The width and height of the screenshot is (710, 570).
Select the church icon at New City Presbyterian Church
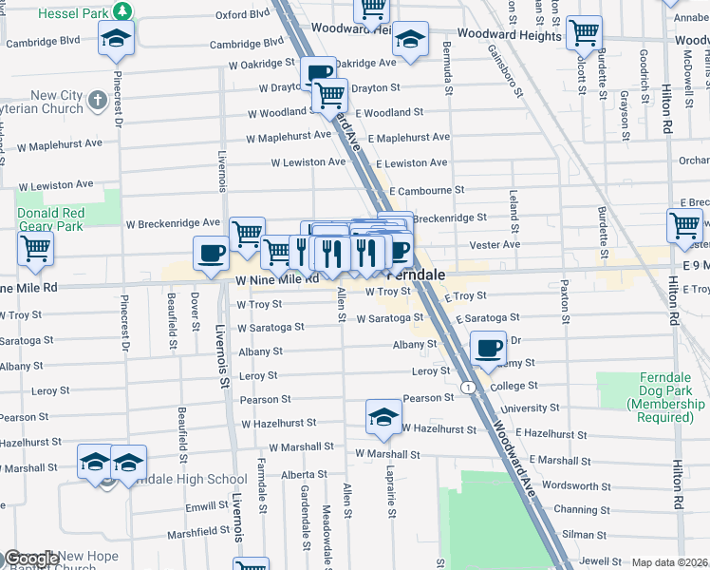click(x=97, y=99)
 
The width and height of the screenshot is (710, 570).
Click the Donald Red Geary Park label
click(x=50, y=219)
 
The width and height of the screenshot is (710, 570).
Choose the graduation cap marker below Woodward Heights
click(x=410, y=40)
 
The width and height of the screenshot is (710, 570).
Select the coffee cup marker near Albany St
click(x=488, y=348)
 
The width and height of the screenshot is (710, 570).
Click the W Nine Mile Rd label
click(x=277, y=279)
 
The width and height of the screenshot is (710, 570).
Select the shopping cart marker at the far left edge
click(x=35, y=248)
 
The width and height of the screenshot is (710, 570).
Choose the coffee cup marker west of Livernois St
click(x=211, y=253)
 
